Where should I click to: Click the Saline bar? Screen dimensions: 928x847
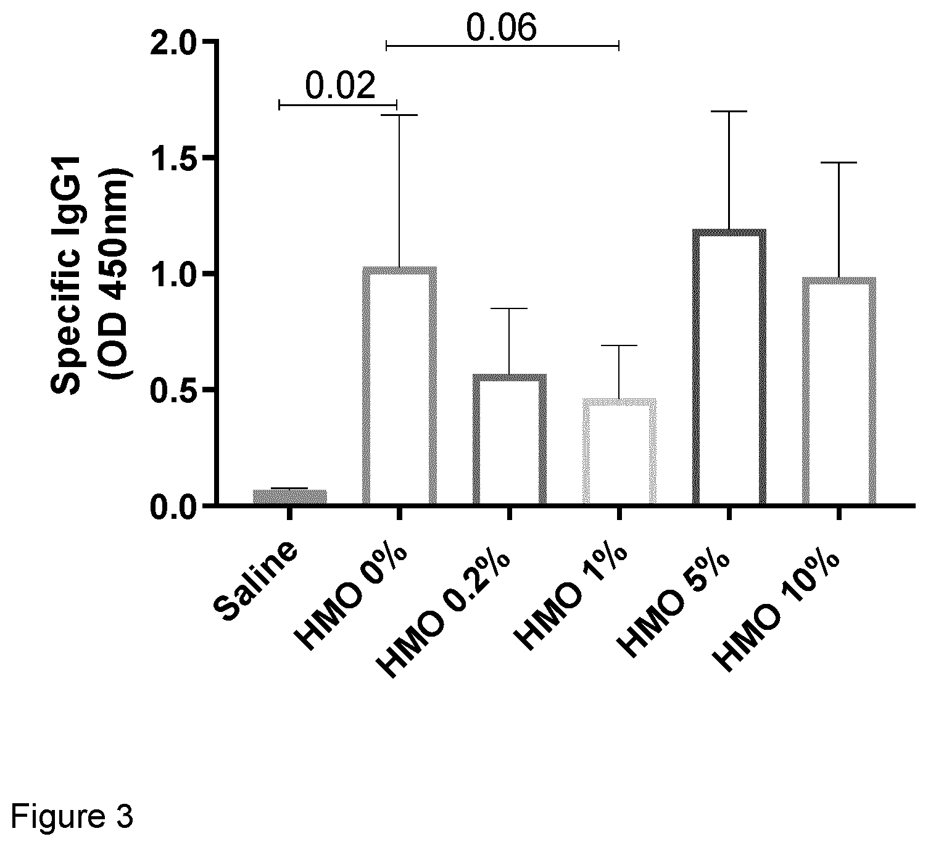point(289,496)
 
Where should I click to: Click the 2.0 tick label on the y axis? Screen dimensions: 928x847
point(171,42)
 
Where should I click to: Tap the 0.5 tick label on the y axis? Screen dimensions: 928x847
point(171,390)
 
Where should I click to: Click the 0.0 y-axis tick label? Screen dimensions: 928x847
point(171,506)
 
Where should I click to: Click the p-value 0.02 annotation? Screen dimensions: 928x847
point(340,86)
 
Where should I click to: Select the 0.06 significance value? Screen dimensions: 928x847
point(501,28)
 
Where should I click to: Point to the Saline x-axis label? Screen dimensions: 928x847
point(256,581)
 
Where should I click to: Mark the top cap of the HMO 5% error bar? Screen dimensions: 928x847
point(729,112)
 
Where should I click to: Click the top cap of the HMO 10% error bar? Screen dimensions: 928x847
point(839,163)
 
